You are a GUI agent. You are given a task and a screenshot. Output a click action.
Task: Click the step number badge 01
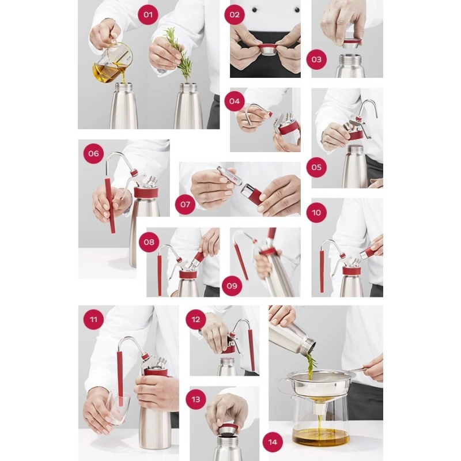point(148,15)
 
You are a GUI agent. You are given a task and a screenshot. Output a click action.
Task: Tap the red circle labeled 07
point(185,205)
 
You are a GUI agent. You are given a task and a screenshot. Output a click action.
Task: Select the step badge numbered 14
point(273,442)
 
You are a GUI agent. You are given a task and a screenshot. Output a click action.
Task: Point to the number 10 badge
point(316,213)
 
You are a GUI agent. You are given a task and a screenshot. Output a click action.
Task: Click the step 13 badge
point(196,399)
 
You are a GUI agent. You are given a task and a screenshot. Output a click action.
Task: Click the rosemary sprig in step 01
point(179,54)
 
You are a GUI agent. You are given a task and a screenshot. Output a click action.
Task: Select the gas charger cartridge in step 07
point(229,175)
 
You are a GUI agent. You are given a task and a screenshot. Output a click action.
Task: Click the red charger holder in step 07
point(252,194)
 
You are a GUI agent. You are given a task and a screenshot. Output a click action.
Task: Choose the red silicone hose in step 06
point(109,206)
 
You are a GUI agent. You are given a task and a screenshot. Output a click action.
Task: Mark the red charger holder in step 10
point(371,251)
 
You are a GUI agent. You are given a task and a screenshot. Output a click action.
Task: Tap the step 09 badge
point(232,286)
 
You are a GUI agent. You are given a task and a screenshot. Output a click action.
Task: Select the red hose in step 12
point(251,350)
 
